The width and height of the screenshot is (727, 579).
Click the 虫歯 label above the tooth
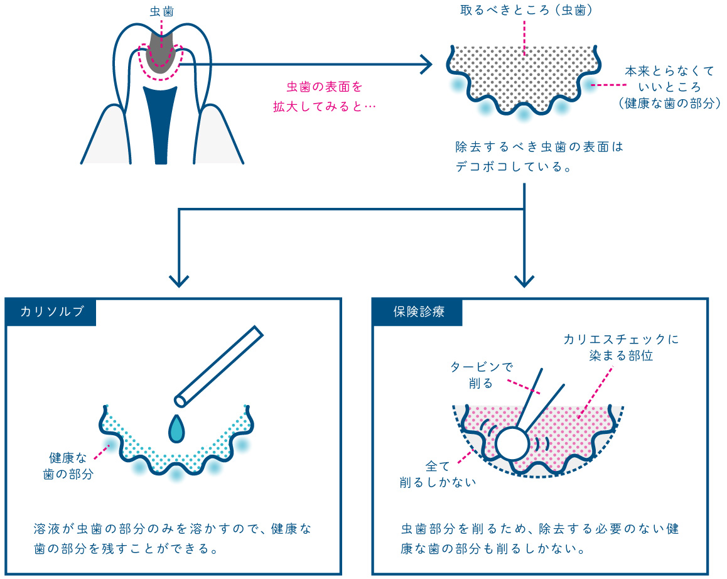point(162,11)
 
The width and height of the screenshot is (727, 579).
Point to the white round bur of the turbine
point(514,443)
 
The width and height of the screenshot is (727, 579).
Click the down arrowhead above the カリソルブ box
point(180,280)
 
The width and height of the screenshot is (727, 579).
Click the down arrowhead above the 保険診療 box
point(524,280)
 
